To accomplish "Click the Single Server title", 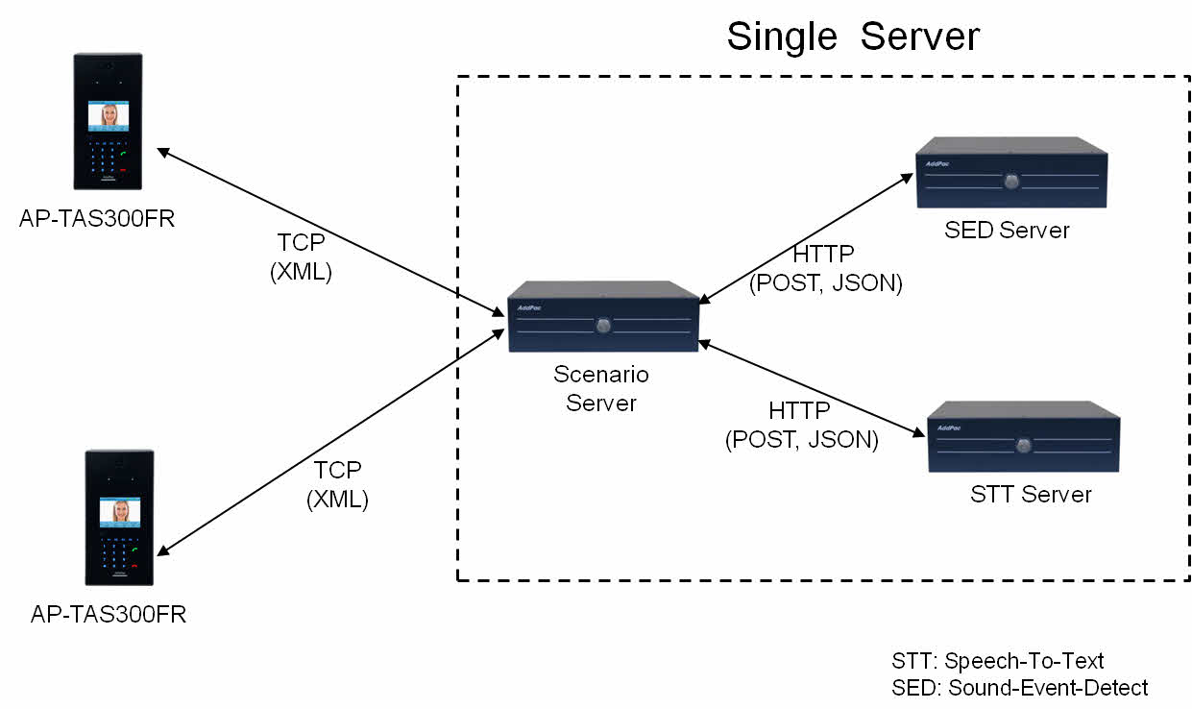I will (853, 37).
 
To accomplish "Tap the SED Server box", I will (1011, 173).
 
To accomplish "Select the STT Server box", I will (1024, 437).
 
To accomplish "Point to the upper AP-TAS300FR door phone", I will (108, 121).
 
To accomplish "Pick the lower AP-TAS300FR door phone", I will (120, 517).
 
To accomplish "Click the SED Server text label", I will (1007, 231).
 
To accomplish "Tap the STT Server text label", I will (1031, 495).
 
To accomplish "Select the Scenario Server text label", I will (601, 388).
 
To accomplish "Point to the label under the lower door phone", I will (109, 615).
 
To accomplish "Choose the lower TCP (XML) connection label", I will (337, 484).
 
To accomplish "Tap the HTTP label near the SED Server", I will (824, 270).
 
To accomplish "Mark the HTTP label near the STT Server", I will (800, 426).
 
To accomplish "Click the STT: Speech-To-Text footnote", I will (998, 661).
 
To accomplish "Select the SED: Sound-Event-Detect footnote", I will (1020, 687).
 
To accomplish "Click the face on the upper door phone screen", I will (109, 115).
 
